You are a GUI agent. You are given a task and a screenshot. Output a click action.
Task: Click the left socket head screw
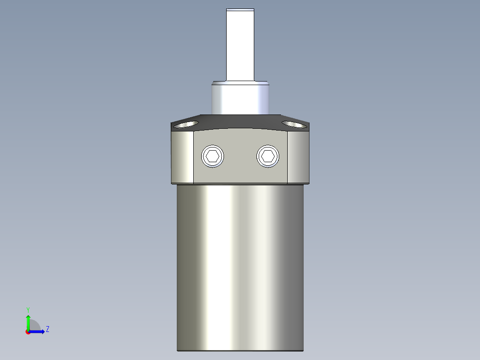point(213,156)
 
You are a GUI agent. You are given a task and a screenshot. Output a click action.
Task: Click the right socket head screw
point(268,156)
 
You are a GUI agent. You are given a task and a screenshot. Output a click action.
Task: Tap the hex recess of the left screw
point(213,156)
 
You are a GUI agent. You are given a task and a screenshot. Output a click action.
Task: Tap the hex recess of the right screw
point(268,156)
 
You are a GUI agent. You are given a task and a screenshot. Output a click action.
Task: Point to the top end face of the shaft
point(240,9)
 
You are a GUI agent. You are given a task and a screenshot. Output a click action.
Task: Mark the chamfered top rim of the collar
point(240,83)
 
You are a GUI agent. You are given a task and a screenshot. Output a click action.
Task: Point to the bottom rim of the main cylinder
point(240,350)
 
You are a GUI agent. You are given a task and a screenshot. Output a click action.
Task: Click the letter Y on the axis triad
point(28,309)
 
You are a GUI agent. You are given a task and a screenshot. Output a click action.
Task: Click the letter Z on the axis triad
point(47,329)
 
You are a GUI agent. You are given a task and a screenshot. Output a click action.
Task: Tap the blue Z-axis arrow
point(38,331)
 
